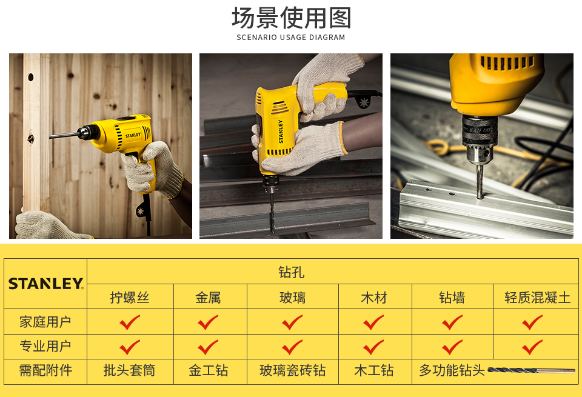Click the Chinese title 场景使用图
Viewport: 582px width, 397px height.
tap(292, 18)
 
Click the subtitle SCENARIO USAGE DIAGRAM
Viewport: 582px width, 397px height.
tap(291, 38)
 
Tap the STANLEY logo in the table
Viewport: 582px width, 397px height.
tap(46, 284)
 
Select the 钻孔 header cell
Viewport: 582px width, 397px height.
tap(292, 272)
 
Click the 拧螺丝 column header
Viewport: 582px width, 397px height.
tap(130, 297)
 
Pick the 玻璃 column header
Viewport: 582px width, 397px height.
tap(292, 297)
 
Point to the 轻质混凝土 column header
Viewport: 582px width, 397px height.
tap(537, 297)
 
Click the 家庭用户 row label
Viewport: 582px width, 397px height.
tap(45, 322)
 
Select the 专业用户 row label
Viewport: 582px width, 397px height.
tap(45, 346)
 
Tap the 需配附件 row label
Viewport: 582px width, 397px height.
tap(45, 370)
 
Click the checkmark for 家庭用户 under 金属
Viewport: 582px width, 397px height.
tap(208, 322)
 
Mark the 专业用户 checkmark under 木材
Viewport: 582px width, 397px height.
tap(373, 347)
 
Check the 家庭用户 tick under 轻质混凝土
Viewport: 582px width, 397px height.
tap(532, 322)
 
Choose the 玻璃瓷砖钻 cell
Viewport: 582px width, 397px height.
tap(292, 370)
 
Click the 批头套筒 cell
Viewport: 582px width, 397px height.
tap(130, 370)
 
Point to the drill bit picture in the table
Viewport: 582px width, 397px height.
tap(531, 370)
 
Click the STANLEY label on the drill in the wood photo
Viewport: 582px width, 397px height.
tap(133, 135)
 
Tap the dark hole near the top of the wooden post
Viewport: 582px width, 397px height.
tap(31, 77)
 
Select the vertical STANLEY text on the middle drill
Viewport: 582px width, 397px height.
tap(281, 132)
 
